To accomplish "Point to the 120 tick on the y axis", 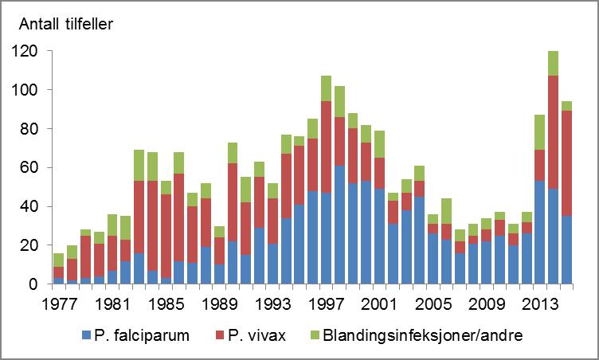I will pos(29,51).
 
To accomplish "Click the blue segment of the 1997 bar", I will pos(325,238).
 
